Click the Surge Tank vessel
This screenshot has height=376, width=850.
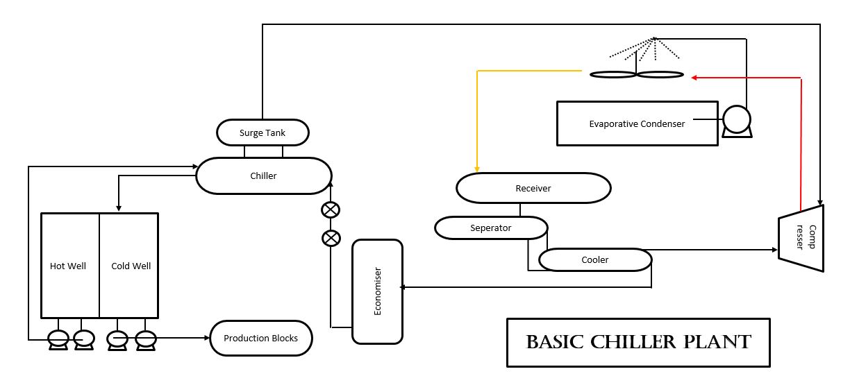[x=262, y=133]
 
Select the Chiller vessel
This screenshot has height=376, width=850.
[x=263, y=176]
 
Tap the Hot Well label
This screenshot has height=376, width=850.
[x=68, y=266]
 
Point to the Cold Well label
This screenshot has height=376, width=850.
[x=131, y=266]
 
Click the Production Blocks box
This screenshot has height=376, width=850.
[x=261, y=338]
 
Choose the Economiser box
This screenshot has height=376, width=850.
[x=377, y=291]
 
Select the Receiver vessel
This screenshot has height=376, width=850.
[x=533, y=188]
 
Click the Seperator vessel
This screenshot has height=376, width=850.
[x=490, y=228]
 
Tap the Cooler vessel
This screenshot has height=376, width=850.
[x=594, y=259]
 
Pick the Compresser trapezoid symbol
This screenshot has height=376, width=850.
[x=801, y=237]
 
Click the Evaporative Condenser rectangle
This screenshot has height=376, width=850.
[x=637, y=123]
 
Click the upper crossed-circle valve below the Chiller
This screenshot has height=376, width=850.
[x=331, y=210]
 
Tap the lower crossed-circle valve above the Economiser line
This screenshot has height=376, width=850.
[x=331, y=238]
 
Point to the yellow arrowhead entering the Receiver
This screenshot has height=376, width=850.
[x=476, y=169]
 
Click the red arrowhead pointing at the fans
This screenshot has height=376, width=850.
[x=695, y=78]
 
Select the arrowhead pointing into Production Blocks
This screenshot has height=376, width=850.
[x=206, y=338]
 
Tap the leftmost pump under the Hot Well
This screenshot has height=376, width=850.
[x=57, y=338]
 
